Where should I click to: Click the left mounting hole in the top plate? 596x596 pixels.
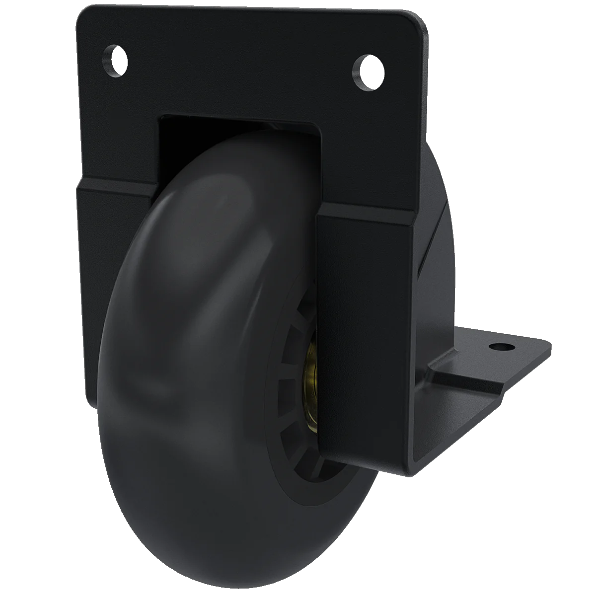point(115,62)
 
